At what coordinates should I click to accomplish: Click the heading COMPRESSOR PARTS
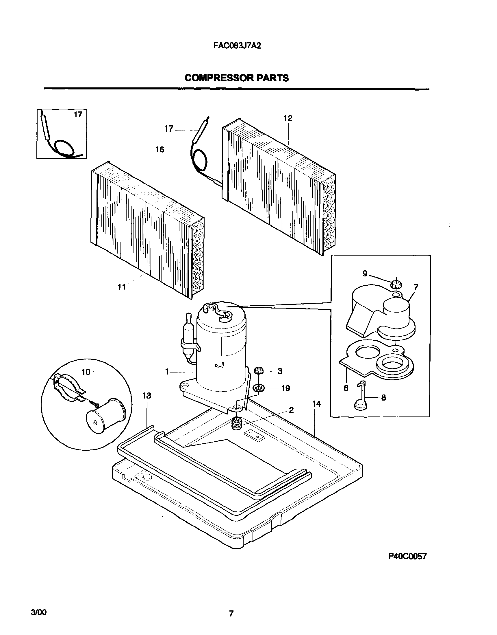[x=237, y=78]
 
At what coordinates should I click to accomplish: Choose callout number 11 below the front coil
[x=122, y=287]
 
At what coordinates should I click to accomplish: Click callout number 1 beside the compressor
[x=167, y=372]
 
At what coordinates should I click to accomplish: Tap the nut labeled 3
[x=258, y=371]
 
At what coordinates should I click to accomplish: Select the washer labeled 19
[x=258, y=388]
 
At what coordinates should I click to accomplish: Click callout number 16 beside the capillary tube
[x=160, y=150]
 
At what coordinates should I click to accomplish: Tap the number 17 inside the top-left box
[x=78, y=115]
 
